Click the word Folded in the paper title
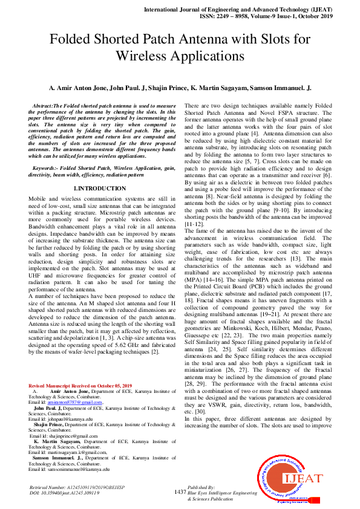tap(74, 40)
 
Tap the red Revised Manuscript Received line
tap(80, 369)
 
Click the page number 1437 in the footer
tap(180, 493)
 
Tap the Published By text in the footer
tap(201, 487)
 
